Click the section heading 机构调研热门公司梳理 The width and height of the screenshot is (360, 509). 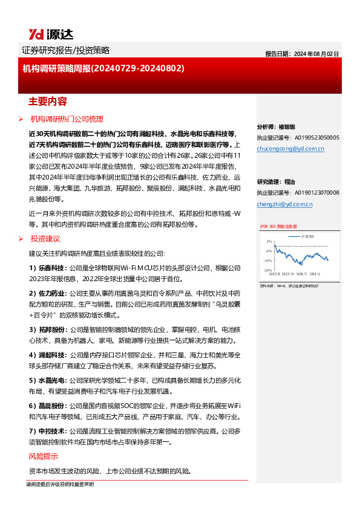pos(67,119)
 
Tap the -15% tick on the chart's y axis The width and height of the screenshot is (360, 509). pos(267,270)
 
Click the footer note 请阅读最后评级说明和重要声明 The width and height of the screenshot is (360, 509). pos(60,485)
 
